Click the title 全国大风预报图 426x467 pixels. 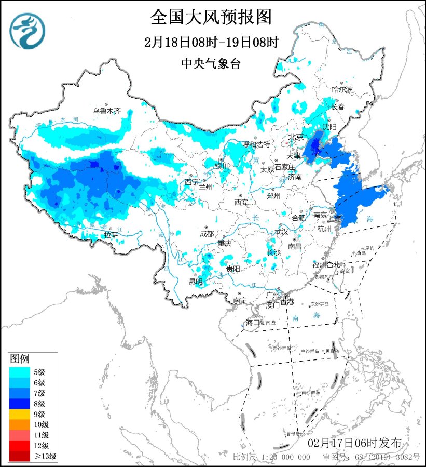click(211, 18)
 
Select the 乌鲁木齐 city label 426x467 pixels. click(106, 111)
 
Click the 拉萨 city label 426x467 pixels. click(111, 235)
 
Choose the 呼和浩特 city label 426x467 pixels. click(257, 144)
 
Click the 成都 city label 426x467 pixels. click(206, 234)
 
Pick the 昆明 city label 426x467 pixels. click(196, 282)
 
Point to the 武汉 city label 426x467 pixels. click(281, 231)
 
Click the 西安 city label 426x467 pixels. click(241, 202)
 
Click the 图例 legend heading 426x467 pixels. click(20, 358)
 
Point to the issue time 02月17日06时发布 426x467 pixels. click(354, 443)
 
